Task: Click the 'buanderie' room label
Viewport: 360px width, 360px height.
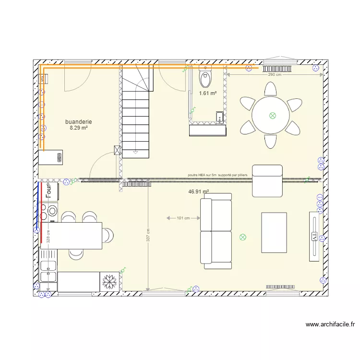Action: (79, 122)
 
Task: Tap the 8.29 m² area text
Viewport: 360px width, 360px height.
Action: (79, 128)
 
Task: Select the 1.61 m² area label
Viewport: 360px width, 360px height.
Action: (208, 94)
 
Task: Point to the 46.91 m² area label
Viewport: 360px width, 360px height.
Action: (199, 192)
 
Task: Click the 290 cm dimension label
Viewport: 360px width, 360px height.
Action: (275, 75)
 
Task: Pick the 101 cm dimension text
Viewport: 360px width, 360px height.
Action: (183, 218)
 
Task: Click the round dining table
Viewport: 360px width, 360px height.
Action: (271, 115)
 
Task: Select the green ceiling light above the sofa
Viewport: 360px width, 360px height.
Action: (242, 237)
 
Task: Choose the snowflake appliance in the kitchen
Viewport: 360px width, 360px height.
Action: (110, 282)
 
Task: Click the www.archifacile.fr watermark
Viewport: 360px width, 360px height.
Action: (330, 324)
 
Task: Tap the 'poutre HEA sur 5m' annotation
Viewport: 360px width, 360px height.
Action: (218, 176)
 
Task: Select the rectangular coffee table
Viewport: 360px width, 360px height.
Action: (274, 232)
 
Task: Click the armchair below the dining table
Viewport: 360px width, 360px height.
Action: (267, 180)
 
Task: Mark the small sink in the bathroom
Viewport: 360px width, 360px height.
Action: (219, 117)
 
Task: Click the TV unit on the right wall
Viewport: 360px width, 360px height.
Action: (315, 236)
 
